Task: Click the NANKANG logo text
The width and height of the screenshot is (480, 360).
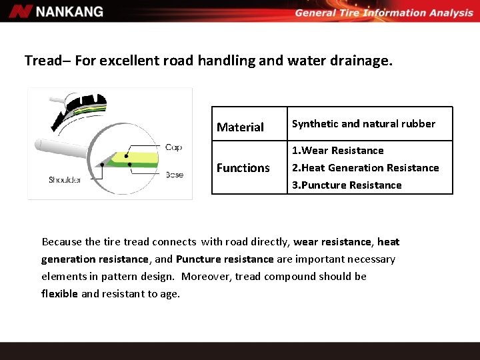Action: pos(69,11)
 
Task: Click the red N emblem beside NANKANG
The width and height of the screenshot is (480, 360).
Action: pos(21,11)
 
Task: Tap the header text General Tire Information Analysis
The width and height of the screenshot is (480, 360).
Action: pos(383,13)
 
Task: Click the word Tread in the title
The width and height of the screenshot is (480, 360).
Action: pos(42,61)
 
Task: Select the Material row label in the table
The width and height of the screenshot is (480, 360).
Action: pos(240,127)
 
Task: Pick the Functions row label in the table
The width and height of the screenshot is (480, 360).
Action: pos(243,168)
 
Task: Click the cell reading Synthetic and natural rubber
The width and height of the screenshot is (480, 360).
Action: pos(363,123)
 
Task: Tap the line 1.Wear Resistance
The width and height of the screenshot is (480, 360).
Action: pos(338,151)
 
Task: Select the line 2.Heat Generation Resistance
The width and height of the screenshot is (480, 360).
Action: pos(365,168)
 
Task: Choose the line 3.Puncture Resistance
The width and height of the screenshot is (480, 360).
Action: pos(347,185)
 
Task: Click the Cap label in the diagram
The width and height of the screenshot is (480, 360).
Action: pos(173,147)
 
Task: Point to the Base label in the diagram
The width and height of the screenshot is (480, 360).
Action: pos(174,175)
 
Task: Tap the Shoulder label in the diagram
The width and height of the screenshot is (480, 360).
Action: pos(64,180)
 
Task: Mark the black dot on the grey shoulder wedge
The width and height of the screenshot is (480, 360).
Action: pos(101,164)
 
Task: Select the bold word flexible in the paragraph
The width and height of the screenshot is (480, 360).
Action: pos(59,293)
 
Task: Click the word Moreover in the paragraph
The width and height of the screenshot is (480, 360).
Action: pos(206,276)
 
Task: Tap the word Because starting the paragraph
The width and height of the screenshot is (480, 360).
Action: pos(62,241)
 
